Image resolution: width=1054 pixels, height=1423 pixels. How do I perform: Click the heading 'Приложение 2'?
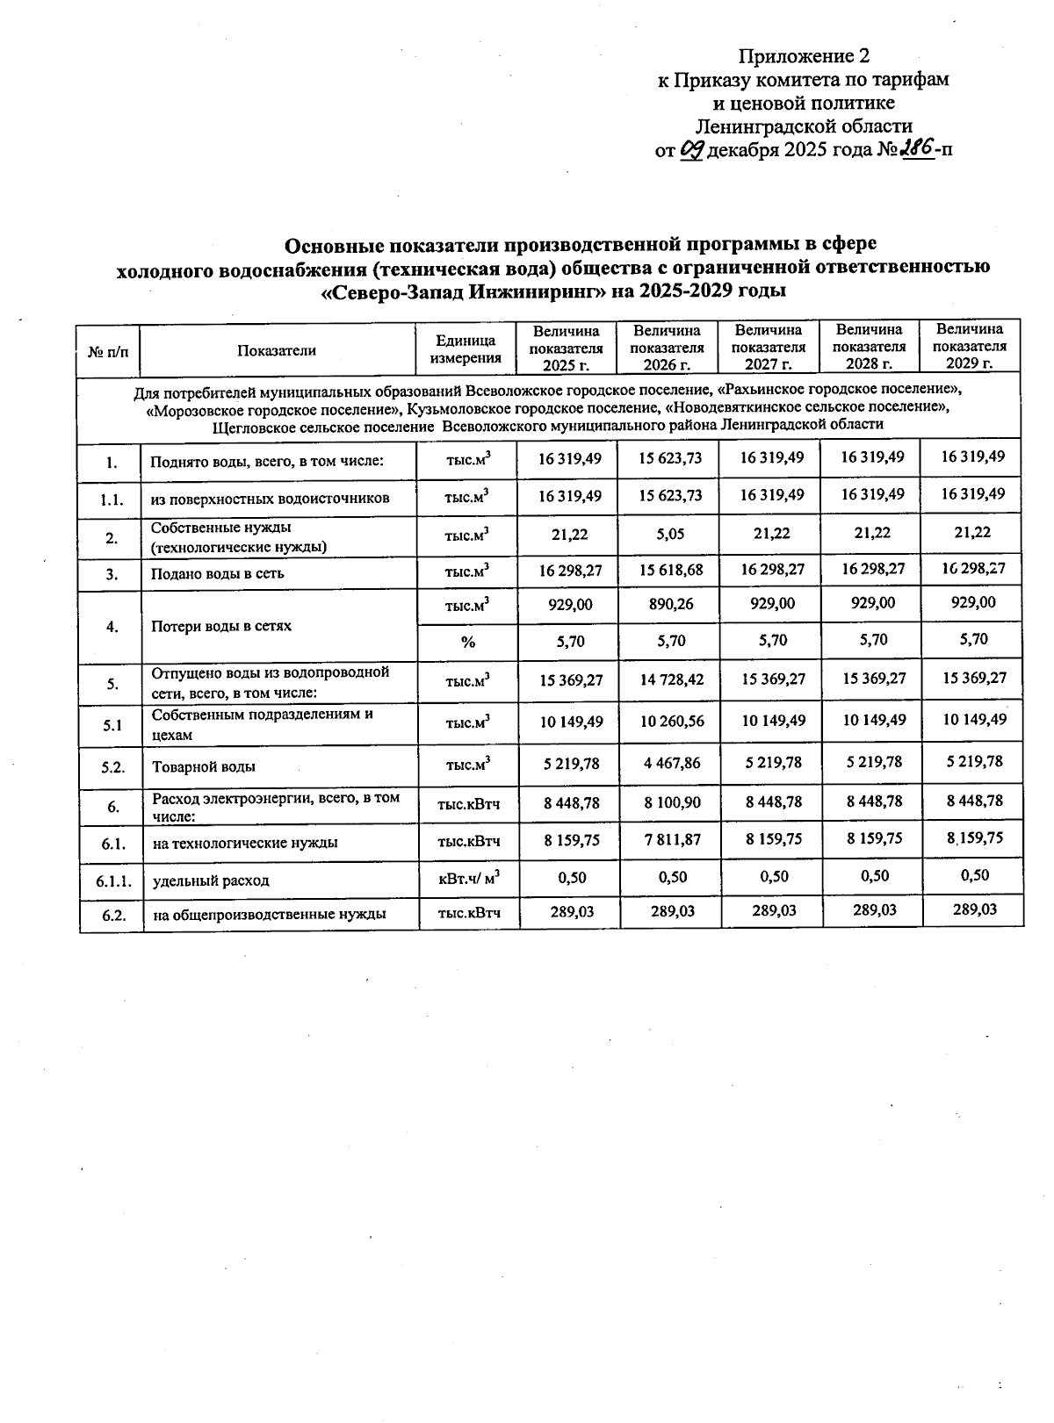[804, 57]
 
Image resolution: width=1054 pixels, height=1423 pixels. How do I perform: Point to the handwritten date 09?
[692, 149]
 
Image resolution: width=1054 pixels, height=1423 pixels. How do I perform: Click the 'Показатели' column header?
[277, 350]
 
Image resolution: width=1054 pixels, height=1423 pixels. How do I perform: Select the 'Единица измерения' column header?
[466, 349]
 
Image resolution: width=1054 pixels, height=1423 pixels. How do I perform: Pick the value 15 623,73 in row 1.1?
[670, 495]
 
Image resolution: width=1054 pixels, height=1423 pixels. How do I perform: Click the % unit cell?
[467, 643]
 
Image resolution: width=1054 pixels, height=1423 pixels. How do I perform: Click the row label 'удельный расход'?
[211, 880]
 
